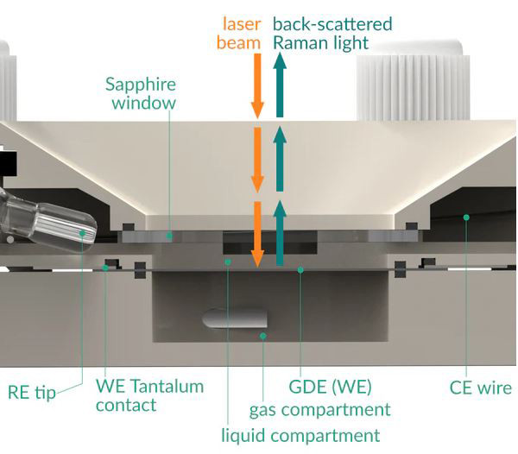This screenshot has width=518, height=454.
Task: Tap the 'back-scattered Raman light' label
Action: pyautogui.click(x=332, y=33)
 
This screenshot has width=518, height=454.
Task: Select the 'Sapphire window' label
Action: pyautogui.click(x=141, y=94)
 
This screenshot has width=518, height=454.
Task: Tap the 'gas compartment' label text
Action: pyautogui.click(x=319, y=409)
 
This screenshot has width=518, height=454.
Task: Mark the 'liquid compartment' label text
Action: pyautogui.click(x=300, y=435)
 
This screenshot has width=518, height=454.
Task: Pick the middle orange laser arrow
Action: pyautogui.click(x=256, y=160)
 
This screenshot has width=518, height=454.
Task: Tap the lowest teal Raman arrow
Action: pyautogui.click(x=279, y=233)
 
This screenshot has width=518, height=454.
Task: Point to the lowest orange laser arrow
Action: pyautogui.click(x=256, y=234)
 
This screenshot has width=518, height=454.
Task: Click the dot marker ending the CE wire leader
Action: pyautogui.click(x=465, y=218)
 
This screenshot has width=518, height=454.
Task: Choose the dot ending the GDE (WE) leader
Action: pyautogui.click(x=300, y=270)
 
